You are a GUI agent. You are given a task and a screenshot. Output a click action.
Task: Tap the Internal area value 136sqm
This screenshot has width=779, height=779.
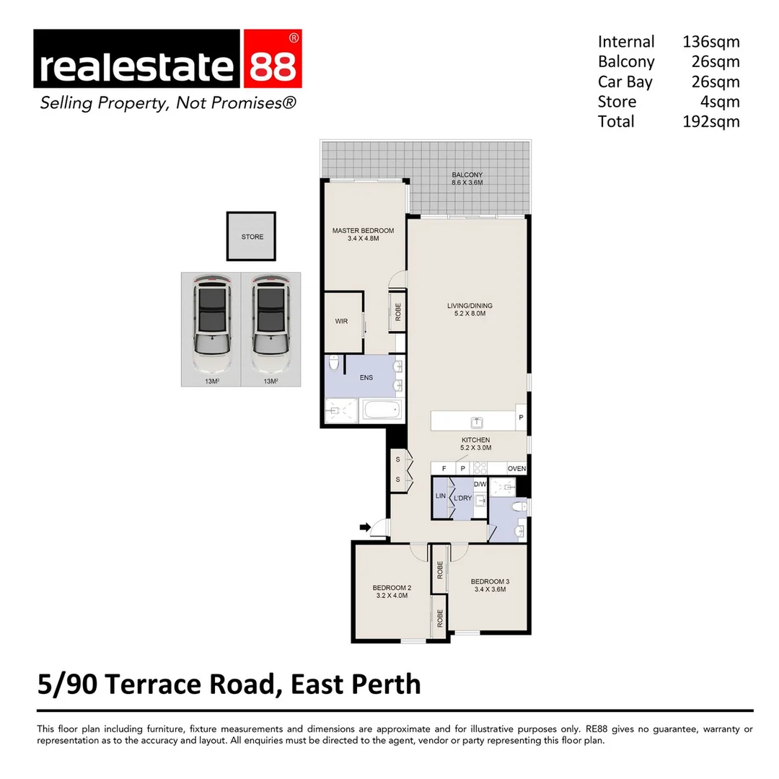710,42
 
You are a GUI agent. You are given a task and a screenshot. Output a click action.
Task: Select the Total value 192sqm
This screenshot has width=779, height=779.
710,121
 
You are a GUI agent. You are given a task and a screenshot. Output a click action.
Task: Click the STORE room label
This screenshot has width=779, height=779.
252,237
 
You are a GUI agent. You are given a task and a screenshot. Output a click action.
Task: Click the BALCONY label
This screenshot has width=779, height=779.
467,175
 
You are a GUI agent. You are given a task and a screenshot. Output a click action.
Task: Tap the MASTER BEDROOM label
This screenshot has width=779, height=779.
363,231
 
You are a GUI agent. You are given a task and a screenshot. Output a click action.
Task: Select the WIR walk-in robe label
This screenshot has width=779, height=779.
341,322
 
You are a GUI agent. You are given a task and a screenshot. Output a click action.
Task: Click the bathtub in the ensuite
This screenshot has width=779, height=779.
382,412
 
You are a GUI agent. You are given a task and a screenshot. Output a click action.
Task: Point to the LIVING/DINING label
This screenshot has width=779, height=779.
469,306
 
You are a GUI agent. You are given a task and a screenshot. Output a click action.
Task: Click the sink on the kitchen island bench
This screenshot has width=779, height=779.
477,421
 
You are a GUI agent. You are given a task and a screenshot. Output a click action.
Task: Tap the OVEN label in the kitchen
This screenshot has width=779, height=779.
516,469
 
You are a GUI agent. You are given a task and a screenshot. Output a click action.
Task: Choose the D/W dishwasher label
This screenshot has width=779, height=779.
480,484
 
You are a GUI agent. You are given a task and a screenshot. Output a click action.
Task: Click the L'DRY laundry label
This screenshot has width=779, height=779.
462,498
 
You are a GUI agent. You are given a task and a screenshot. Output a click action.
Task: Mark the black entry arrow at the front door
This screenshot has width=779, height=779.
365,527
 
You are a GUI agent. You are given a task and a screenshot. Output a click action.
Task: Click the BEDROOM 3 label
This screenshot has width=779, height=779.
488,581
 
